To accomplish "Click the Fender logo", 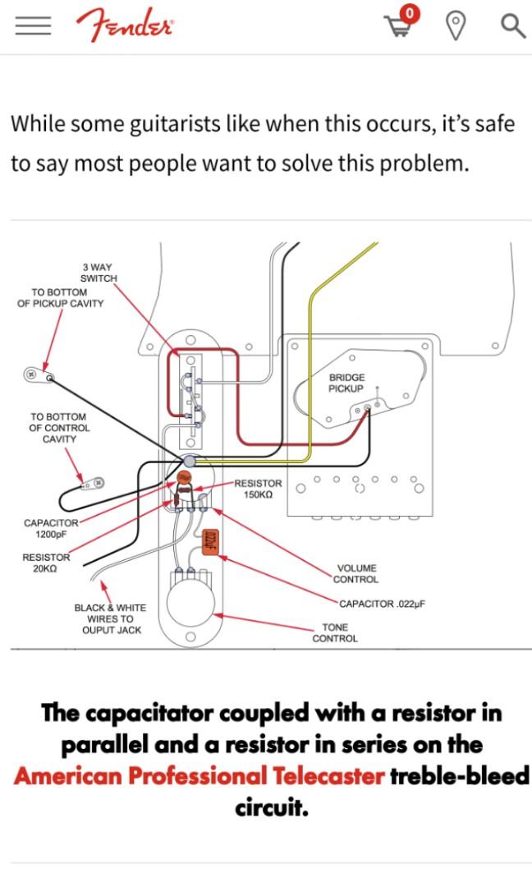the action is tap(125, 25).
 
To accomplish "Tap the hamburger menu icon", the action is tap(33, 26).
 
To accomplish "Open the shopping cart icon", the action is tap(401, 23).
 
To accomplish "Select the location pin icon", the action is tap(456, 26).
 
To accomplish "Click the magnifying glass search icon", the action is tap(513, 26).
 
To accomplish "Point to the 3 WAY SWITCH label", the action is tap(99, 273).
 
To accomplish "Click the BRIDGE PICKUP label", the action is tap(346, 383).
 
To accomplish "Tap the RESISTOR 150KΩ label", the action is tap(258, 489).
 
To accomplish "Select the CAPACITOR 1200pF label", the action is tap(51, 529).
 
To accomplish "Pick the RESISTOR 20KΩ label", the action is tap(46, 563).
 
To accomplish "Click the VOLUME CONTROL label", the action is tap(356, 573).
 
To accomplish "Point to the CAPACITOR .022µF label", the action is tap(383, 604).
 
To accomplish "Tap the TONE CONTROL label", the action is tap(335, 633).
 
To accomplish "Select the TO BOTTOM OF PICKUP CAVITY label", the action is tap(60, 297).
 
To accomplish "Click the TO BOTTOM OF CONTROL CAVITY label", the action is tap(59, 428).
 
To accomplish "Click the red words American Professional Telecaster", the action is tap(199, 776).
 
